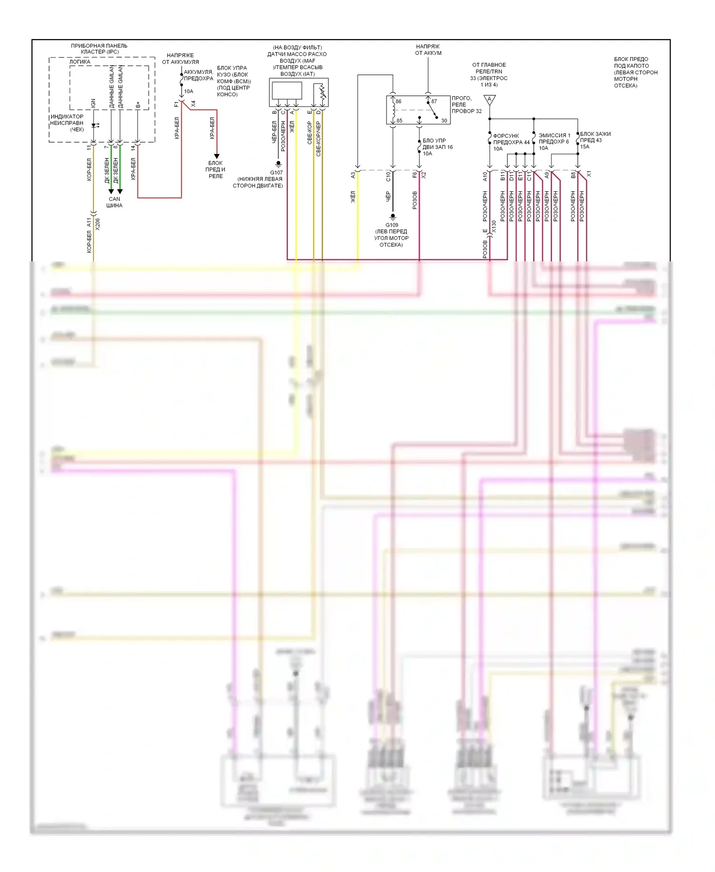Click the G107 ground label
coord(276,173)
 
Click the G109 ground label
coord(392,225)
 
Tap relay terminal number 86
coord(398,102)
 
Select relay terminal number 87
coord(434,102)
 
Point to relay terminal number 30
coord(444,121)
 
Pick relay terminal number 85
coord(399,121)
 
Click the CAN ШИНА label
coord(114,202)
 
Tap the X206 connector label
coord(98,224)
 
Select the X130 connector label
coord(494,227)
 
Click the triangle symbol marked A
coord(490,100)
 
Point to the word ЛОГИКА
coord(80,62)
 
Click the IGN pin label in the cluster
coord(93,103)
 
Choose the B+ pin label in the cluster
coord(138,104)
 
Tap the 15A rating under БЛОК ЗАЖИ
coord(584,147)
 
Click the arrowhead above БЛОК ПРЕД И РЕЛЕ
coord(216,156)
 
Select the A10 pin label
coord(485,176)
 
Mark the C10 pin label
coord(388,176)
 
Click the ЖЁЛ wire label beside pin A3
coord(353,197)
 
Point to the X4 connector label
coord(193,104)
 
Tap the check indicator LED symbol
coord(95,125)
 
